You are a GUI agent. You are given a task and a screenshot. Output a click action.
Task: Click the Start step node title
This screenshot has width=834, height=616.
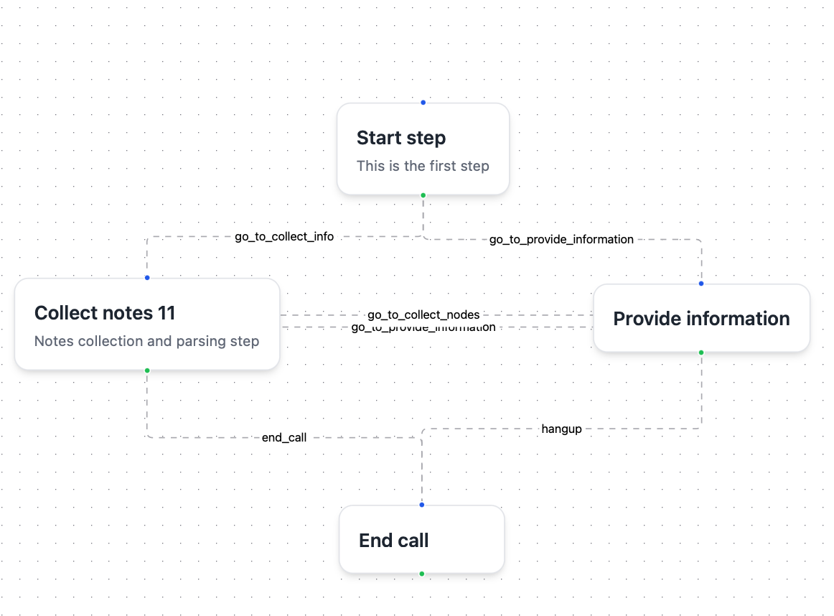(x=400, y=138)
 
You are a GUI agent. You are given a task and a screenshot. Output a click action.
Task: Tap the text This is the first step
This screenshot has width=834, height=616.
(x=423, y=166)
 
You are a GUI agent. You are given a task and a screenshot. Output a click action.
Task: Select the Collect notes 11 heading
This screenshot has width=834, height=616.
(x=105, y=313)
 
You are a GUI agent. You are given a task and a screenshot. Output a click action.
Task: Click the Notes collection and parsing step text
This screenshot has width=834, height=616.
(x=146, y=341)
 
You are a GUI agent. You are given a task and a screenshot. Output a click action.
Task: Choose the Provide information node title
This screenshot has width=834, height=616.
(x=701, y=319)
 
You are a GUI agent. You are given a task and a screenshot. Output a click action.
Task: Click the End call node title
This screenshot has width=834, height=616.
(x=393, y=541)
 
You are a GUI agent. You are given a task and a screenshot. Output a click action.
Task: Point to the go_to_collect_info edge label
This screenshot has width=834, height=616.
(x=284, y=236)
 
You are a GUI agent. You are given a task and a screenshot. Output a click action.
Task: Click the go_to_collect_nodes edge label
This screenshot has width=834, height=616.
(x=423, y=314)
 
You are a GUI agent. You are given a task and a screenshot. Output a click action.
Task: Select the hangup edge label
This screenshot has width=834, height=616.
(x=561, y=429)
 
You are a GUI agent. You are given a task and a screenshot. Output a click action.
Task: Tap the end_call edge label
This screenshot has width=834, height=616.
(x=284, y=437)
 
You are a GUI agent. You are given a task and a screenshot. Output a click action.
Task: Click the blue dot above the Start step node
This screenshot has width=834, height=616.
(x=423, y=103)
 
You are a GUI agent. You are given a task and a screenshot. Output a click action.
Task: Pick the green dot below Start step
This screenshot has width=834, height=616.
(x=423, y=195)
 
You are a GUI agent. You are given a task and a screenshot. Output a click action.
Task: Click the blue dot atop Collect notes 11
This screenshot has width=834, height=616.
(x=147, y=278)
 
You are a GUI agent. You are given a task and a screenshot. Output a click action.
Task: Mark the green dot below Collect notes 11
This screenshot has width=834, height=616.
(x=147, y=370)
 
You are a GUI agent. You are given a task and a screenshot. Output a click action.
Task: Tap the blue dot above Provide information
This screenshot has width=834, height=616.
(x=701, y=284)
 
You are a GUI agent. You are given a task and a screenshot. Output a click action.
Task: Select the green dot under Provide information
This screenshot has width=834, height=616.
(x=701, y=353)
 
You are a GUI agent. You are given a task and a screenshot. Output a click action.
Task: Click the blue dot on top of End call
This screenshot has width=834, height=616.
(x=421, y=505)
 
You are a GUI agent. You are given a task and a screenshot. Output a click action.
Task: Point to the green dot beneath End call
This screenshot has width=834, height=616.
(x=421, y=574)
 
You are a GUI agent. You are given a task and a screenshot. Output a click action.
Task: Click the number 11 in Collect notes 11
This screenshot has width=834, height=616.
(x=167, y=313)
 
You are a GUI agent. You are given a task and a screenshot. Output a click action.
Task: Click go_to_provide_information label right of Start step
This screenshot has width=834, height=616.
(x=561, y=239)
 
